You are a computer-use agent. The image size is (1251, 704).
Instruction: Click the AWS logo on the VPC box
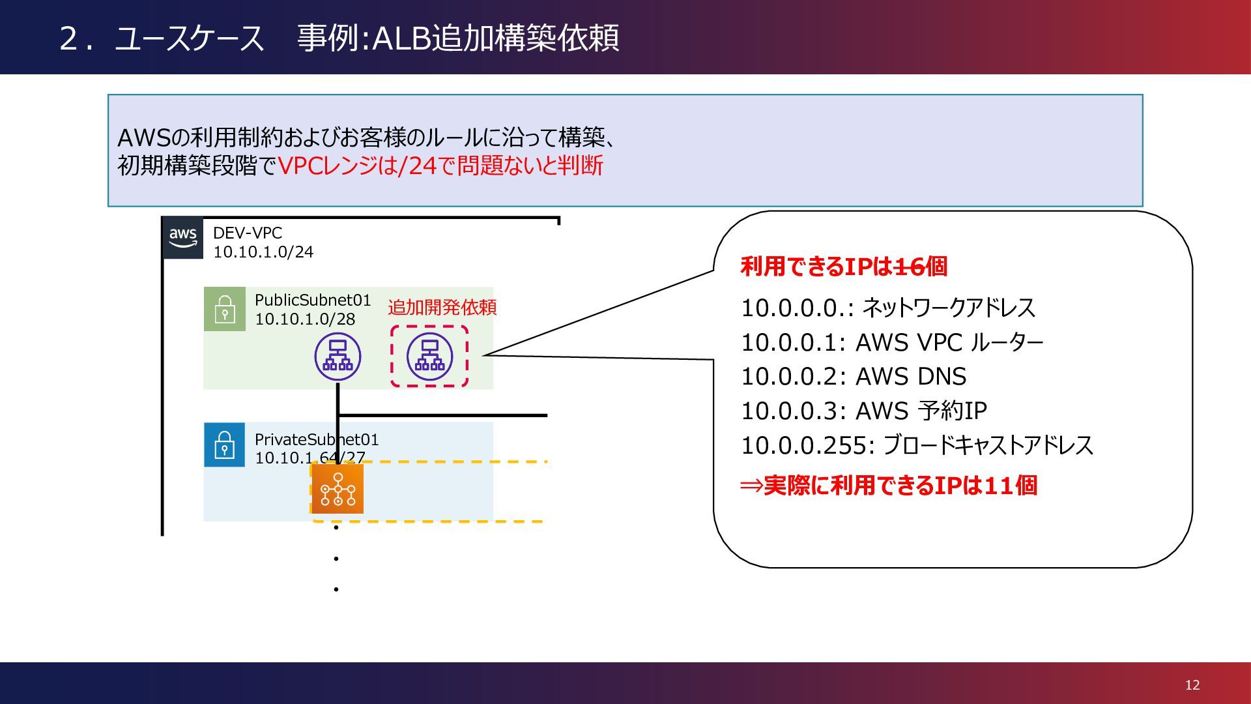182,238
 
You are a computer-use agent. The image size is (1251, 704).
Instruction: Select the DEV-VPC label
248,233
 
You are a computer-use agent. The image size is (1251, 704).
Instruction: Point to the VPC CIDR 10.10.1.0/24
263,252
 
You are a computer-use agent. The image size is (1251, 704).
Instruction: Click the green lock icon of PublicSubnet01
225,309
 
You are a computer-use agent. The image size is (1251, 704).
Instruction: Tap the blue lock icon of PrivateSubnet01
225,445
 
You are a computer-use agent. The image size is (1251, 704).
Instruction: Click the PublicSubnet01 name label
313,300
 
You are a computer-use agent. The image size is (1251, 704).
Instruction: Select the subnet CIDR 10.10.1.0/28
305,319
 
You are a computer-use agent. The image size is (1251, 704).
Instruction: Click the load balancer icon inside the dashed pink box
429,357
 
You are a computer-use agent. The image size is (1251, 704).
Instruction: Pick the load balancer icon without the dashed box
338,357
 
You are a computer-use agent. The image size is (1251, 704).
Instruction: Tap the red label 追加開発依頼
442,307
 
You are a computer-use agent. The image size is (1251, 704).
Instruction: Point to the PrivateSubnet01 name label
317,439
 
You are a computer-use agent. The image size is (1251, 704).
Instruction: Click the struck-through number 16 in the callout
910,266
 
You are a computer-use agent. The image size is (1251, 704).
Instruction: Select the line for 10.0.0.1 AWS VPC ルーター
891,342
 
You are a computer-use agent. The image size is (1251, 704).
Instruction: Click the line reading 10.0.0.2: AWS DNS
854,377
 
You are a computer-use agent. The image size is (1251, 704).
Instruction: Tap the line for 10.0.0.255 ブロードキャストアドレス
917,446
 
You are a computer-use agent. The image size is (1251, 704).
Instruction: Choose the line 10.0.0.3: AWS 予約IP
863,411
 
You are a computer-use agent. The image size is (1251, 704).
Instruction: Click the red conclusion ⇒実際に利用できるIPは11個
889,486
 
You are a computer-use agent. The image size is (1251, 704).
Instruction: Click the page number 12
1192,684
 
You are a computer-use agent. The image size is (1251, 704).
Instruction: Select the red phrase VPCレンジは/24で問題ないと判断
440,166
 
